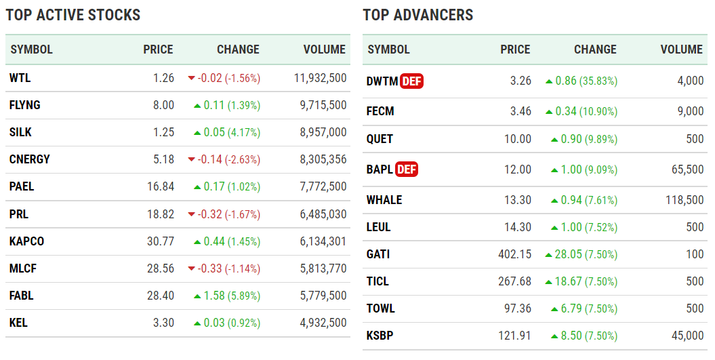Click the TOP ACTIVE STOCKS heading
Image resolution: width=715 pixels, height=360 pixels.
coord(73,15)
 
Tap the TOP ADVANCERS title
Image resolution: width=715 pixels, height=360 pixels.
coord(418,15)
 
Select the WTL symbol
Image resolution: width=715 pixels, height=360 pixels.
coord(20,78)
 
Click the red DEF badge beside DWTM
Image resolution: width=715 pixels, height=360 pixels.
coord(411,81)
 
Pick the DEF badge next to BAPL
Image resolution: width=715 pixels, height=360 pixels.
coord(407,169)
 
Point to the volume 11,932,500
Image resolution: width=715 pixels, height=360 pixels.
coord(321,78)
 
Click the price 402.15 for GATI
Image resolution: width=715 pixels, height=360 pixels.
coord(514,254)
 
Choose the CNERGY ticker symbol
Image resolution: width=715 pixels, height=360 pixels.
coord(30,159)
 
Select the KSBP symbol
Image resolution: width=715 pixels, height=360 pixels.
coord(380,336)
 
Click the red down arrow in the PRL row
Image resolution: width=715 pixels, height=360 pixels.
coord(192,214)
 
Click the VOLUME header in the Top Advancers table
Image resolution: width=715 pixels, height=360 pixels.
coord(682,49)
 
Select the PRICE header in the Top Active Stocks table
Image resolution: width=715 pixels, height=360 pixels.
coord(158,49)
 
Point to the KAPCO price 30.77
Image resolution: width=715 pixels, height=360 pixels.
coord(160,241)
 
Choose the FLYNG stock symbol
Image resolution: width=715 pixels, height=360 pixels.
coord(25,105)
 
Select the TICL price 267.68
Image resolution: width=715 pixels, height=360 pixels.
coord(514,281)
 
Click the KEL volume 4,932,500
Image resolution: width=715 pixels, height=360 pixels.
coord(323,323)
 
